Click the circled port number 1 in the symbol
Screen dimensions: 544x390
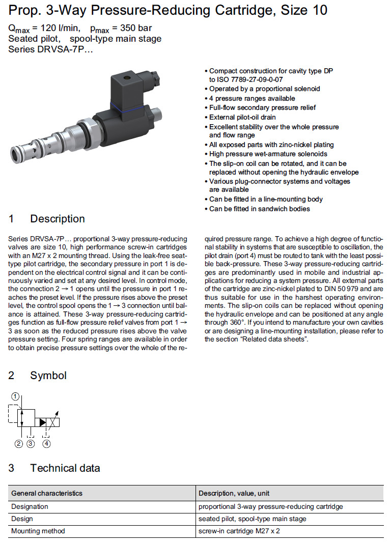pos(16,396)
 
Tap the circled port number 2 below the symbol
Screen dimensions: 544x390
pos(19,444)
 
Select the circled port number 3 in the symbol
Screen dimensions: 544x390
pos(31,444)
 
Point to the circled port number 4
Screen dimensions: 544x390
pos(47,444)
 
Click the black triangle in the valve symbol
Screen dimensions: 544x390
pos(43,422)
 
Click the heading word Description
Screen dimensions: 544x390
pos(58,219)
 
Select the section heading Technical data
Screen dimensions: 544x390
pos(65,468)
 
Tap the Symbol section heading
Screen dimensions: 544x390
pos(48,376)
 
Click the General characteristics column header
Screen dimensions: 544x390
pos(47,493)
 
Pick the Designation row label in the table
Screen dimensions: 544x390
pos(30,506)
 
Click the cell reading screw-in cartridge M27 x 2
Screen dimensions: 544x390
pos(239,531)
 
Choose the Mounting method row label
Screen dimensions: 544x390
pos(38,531)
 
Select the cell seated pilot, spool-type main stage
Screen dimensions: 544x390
pos(253,519)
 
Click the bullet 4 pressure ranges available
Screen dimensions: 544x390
pos(252,98)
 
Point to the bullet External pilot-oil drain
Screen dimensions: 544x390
pos(246,117)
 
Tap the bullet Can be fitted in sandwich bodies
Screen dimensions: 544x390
pos(259,209)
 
